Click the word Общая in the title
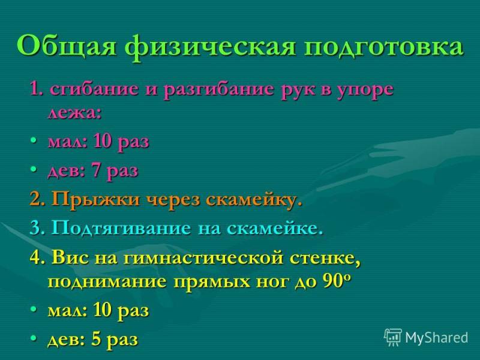pos(67,47)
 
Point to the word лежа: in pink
pos(74,113)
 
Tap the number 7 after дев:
pos(97,170)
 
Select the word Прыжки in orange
pos(95,200)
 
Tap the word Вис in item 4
pos(71,258)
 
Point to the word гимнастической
pos(203,258)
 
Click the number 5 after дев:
pos(96,339)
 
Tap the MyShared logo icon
pos(393,337)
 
